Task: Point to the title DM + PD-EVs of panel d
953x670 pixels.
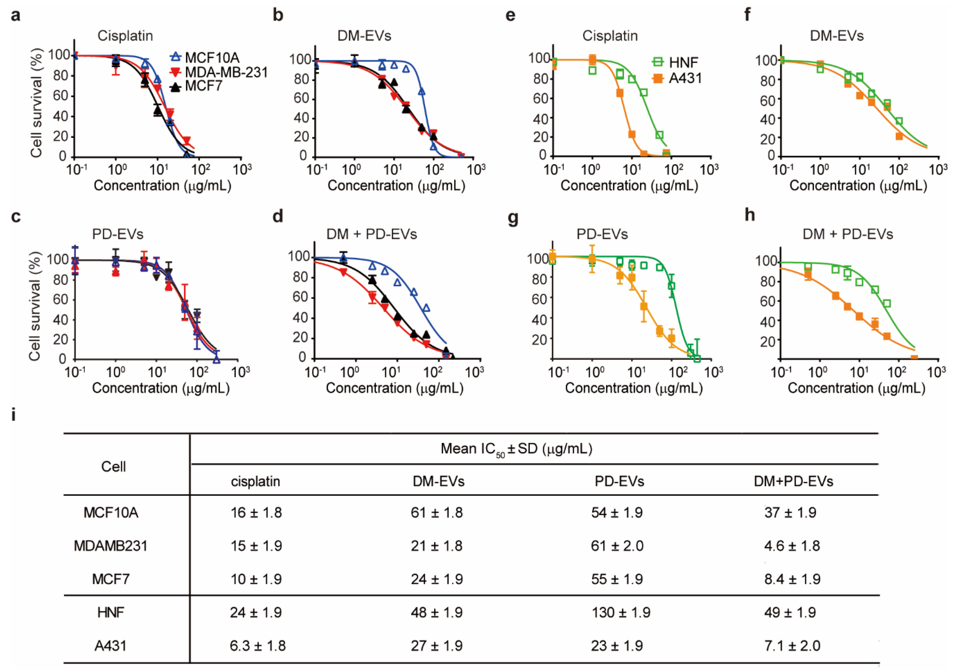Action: tap(372, 234)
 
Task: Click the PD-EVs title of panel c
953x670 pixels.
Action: tap(118, 234)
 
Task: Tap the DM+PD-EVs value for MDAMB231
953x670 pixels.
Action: tap(792, 546)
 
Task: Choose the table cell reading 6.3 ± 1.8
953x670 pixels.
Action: tap(257, 646)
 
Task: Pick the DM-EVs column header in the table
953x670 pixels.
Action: tap(438, 481)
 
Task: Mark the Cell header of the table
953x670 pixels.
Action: tap(113, 467)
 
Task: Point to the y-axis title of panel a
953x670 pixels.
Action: tap(37, 103)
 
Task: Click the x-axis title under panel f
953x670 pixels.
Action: tap(858, 186)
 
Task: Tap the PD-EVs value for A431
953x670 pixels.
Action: tap(617, 646)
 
